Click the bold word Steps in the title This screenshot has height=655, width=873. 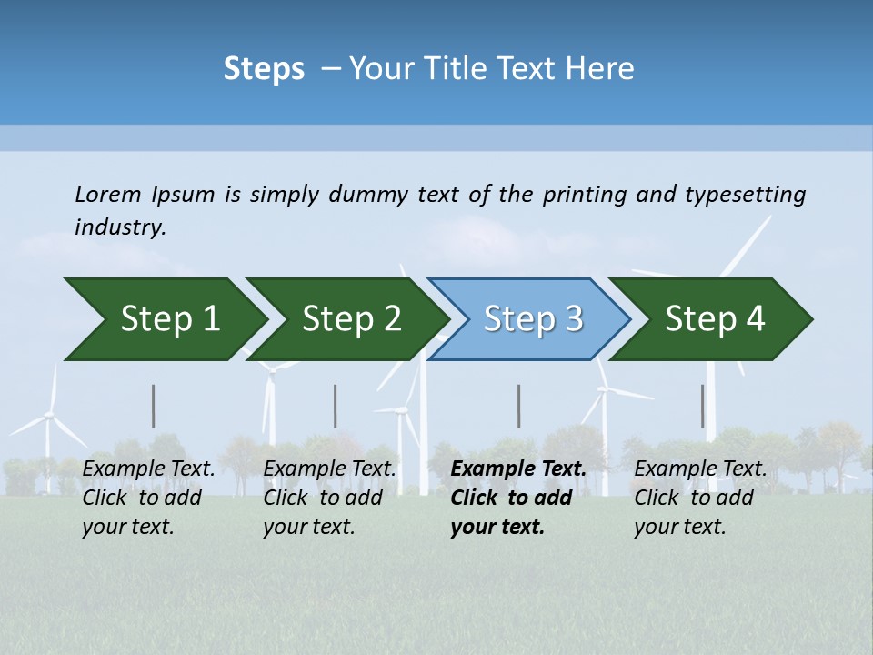point(264,69)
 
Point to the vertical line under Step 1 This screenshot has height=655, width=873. point(154,406)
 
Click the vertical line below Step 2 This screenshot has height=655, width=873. point(336,406)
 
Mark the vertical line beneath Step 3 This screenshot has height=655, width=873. point(518,406)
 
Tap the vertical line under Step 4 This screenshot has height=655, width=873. point(702,406)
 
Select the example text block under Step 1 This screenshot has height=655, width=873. point(148,498)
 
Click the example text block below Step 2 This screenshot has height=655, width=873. point(329,498)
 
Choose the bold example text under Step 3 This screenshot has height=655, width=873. point(517,498)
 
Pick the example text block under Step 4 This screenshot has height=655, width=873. point(700,498)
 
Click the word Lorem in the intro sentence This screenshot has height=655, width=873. point(108,194)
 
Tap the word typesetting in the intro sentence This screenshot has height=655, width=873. point(745,194)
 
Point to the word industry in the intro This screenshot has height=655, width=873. point(119,227)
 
